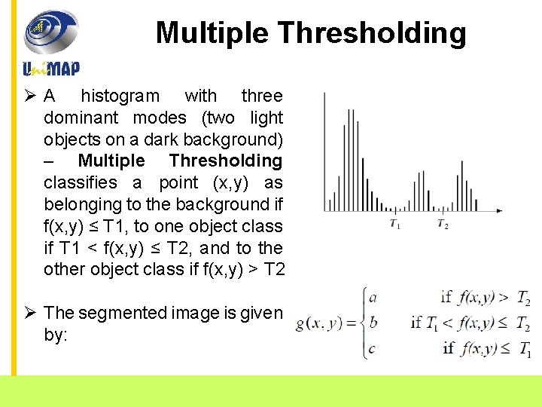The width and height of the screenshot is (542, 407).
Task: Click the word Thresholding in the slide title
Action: tap(373, 33)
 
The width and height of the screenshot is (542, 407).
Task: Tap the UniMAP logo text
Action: tap(51, 69)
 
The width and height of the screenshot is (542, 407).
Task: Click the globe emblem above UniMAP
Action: tap(50, 32)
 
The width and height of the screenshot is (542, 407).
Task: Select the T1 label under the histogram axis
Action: tap(394, 224)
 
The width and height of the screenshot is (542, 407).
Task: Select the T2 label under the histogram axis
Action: tap(443, 224)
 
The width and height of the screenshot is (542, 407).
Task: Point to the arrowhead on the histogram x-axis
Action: tap(500, 210)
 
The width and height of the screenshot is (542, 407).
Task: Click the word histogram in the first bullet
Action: tap(120, 96)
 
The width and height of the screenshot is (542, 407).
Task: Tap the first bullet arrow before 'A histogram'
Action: tap(30, 96)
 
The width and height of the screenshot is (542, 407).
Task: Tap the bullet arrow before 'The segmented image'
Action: tap(30, 312)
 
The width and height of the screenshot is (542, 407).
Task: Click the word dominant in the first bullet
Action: tap(81, 118)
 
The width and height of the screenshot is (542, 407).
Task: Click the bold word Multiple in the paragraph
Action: tap(111, 161)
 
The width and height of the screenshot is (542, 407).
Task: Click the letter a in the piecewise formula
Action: tap(373, 297)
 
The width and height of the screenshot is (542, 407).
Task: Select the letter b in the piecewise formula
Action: tap(373, 323)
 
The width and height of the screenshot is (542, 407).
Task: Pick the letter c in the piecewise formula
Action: tap(373, 347)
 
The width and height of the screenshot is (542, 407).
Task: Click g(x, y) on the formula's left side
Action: tap(320, 323)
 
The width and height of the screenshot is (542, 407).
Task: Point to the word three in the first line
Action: tap(261, 96)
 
